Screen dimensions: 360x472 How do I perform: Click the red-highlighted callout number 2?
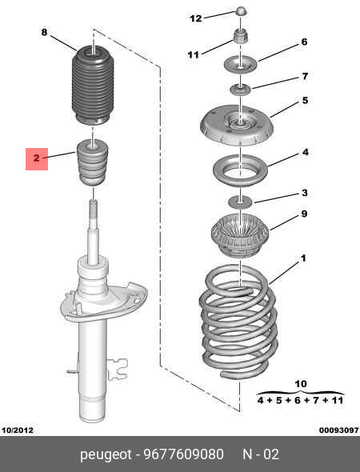pos(37,158)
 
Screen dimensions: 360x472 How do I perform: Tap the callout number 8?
pos(44,32)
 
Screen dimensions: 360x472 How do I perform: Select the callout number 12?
pos(196,18)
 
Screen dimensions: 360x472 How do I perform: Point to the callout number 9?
pos(304,214)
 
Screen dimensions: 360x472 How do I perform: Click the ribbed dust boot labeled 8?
pos(93,86)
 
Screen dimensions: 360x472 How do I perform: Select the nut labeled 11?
pos(241,36)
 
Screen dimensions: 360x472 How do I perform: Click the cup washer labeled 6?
pos(241,65)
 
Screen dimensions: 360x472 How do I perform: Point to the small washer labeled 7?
pos(241,90)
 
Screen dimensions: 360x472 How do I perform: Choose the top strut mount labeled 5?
pos(237,126)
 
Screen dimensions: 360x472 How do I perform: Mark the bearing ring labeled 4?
pos(240,170)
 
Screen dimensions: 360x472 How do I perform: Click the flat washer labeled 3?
pos(240,201)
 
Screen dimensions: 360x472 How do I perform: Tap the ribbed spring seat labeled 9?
pos(240,235)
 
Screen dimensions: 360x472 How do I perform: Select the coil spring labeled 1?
pos(238,321)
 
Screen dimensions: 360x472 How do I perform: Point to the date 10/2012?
pos(18,430)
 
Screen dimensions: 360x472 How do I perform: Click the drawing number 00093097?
pos(339,430)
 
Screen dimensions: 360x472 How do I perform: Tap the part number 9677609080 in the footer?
pos(184,454)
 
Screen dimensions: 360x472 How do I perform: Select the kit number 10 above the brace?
pos(301,384)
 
